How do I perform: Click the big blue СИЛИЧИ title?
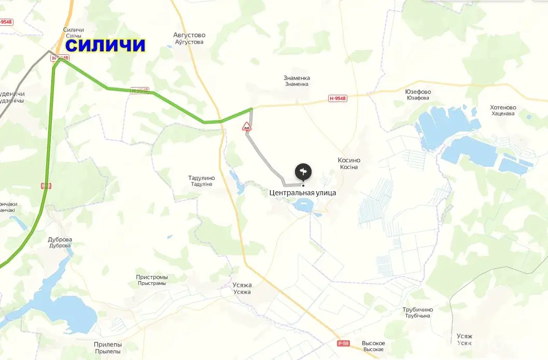pyautogui.click(x=106, y=46)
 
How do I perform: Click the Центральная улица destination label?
pyautogui.click(x=303, y=193)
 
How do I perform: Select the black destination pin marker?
pyautogui.click(x=303, y=171)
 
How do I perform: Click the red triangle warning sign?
pyautogui.click(x=247, y=126)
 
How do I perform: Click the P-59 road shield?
pyautogui.click(x=343, y=343)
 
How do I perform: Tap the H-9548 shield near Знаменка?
pyautogui.click(x=338, y=98)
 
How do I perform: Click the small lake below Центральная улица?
pyautogui.click(x=302, y=206)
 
